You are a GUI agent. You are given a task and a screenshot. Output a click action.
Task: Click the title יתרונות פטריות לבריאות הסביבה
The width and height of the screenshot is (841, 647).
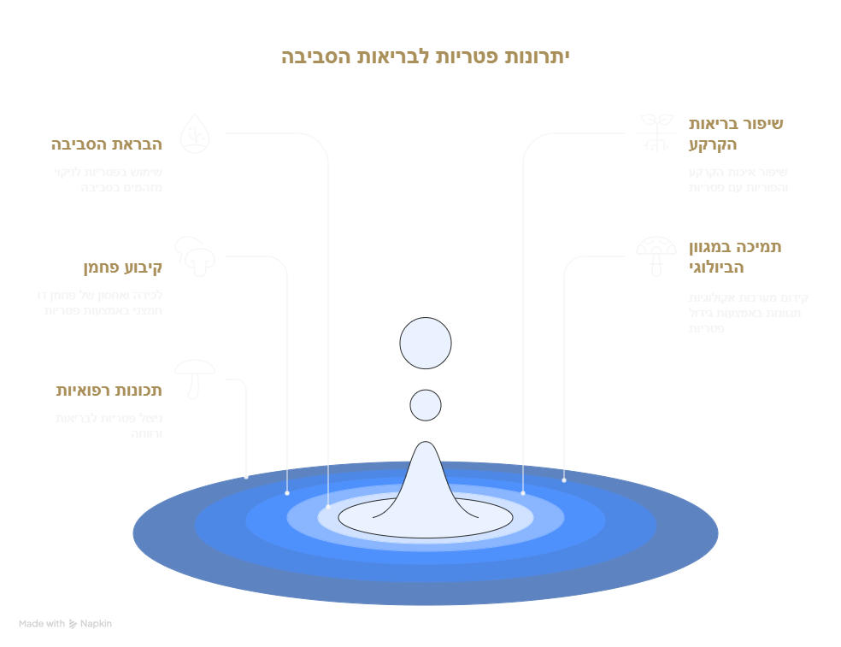pos(425,57)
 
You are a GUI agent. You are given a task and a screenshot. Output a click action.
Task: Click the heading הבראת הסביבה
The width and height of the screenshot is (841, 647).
pos(107,144)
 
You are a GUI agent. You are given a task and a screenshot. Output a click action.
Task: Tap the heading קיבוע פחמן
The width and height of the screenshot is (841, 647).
pos(123,268)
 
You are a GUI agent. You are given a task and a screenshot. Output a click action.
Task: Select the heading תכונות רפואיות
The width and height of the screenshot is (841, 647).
pos(109,391)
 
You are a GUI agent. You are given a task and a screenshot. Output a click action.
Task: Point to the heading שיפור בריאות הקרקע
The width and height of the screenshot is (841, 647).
pos(735,133)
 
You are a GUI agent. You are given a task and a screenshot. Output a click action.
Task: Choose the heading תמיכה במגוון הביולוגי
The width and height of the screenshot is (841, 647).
pos(735,256)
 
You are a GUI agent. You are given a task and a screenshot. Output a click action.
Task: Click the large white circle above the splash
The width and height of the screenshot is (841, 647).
pos(426,344)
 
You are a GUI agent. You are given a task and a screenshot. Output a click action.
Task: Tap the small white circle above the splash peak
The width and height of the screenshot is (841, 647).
pos(426,405)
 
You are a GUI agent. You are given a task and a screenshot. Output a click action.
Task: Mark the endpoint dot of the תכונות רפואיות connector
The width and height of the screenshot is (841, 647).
pos(246,476)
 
